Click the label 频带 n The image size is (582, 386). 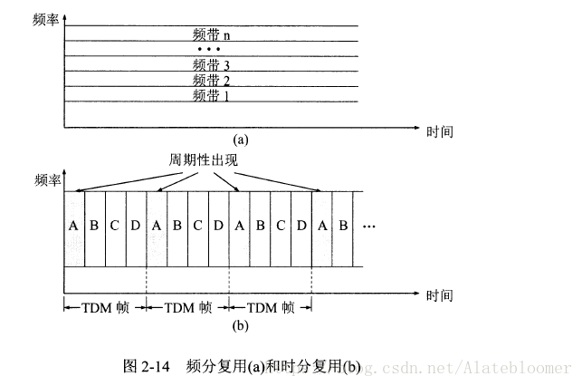pos(213,34)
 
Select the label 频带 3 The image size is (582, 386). pos(213,64)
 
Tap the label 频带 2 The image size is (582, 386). pos(213,80)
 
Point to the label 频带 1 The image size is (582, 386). pos(213,94)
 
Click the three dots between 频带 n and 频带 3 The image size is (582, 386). pos(209,49)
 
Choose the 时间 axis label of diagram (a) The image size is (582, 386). pos(440,130)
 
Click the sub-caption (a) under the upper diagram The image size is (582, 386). pos(240,140)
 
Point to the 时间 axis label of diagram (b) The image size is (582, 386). pos(440,296)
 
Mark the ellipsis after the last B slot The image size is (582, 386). pos(368,227)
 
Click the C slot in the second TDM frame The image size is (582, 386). pos(198,227)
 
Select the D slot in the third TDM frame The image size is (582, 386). pos(301,227)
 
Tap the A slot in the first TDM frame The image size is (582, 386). pos(73,227)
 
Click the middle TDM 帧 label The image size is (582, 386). pos(187,307)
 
